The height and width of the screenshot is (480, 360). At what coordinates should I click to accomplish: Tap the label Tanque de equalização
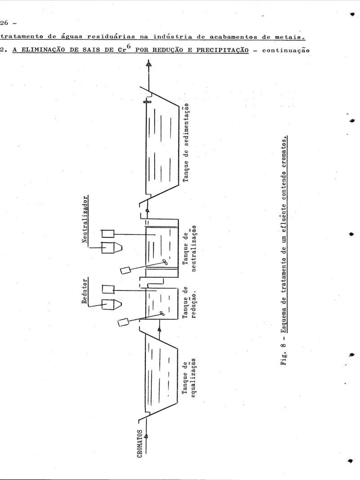(189, 377)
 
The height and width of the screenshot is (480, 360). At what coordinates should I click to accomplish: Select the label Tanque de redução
(189, 303)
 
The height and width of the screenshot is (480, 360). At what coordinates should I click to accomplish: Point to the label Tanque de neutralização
(189, 249)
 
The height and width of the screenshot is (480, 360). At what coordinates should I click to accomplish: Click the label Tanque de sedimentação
(186, 143)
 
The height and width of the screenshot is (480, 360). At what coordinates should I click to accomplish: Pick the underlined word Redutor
(85, 291)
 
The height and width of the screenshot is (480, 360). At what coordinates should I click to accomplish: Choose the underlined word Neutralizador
(85, 219)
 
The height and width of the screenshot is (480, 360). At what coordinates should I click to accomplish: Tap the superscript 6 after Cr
(129, 46)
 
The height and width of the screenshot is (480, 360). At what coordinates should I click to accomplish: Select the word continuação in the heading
(286, 50)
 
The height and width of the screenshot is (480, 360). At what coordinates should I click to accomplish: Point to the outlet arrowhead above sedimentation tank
(148, 64)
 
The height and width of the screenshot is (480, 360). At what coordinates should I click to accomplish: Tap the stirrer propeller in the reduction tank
(161, 313)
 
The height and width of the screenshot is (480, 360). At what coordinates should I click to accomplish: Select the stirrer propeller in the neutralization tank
(165, 263)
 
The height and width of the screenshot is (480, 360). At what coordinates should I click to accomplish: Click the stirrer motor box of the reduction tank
(124, 322)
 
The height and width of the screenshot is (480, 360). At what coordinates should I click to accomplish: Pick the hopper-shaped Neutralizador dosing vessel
(112, 247)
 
